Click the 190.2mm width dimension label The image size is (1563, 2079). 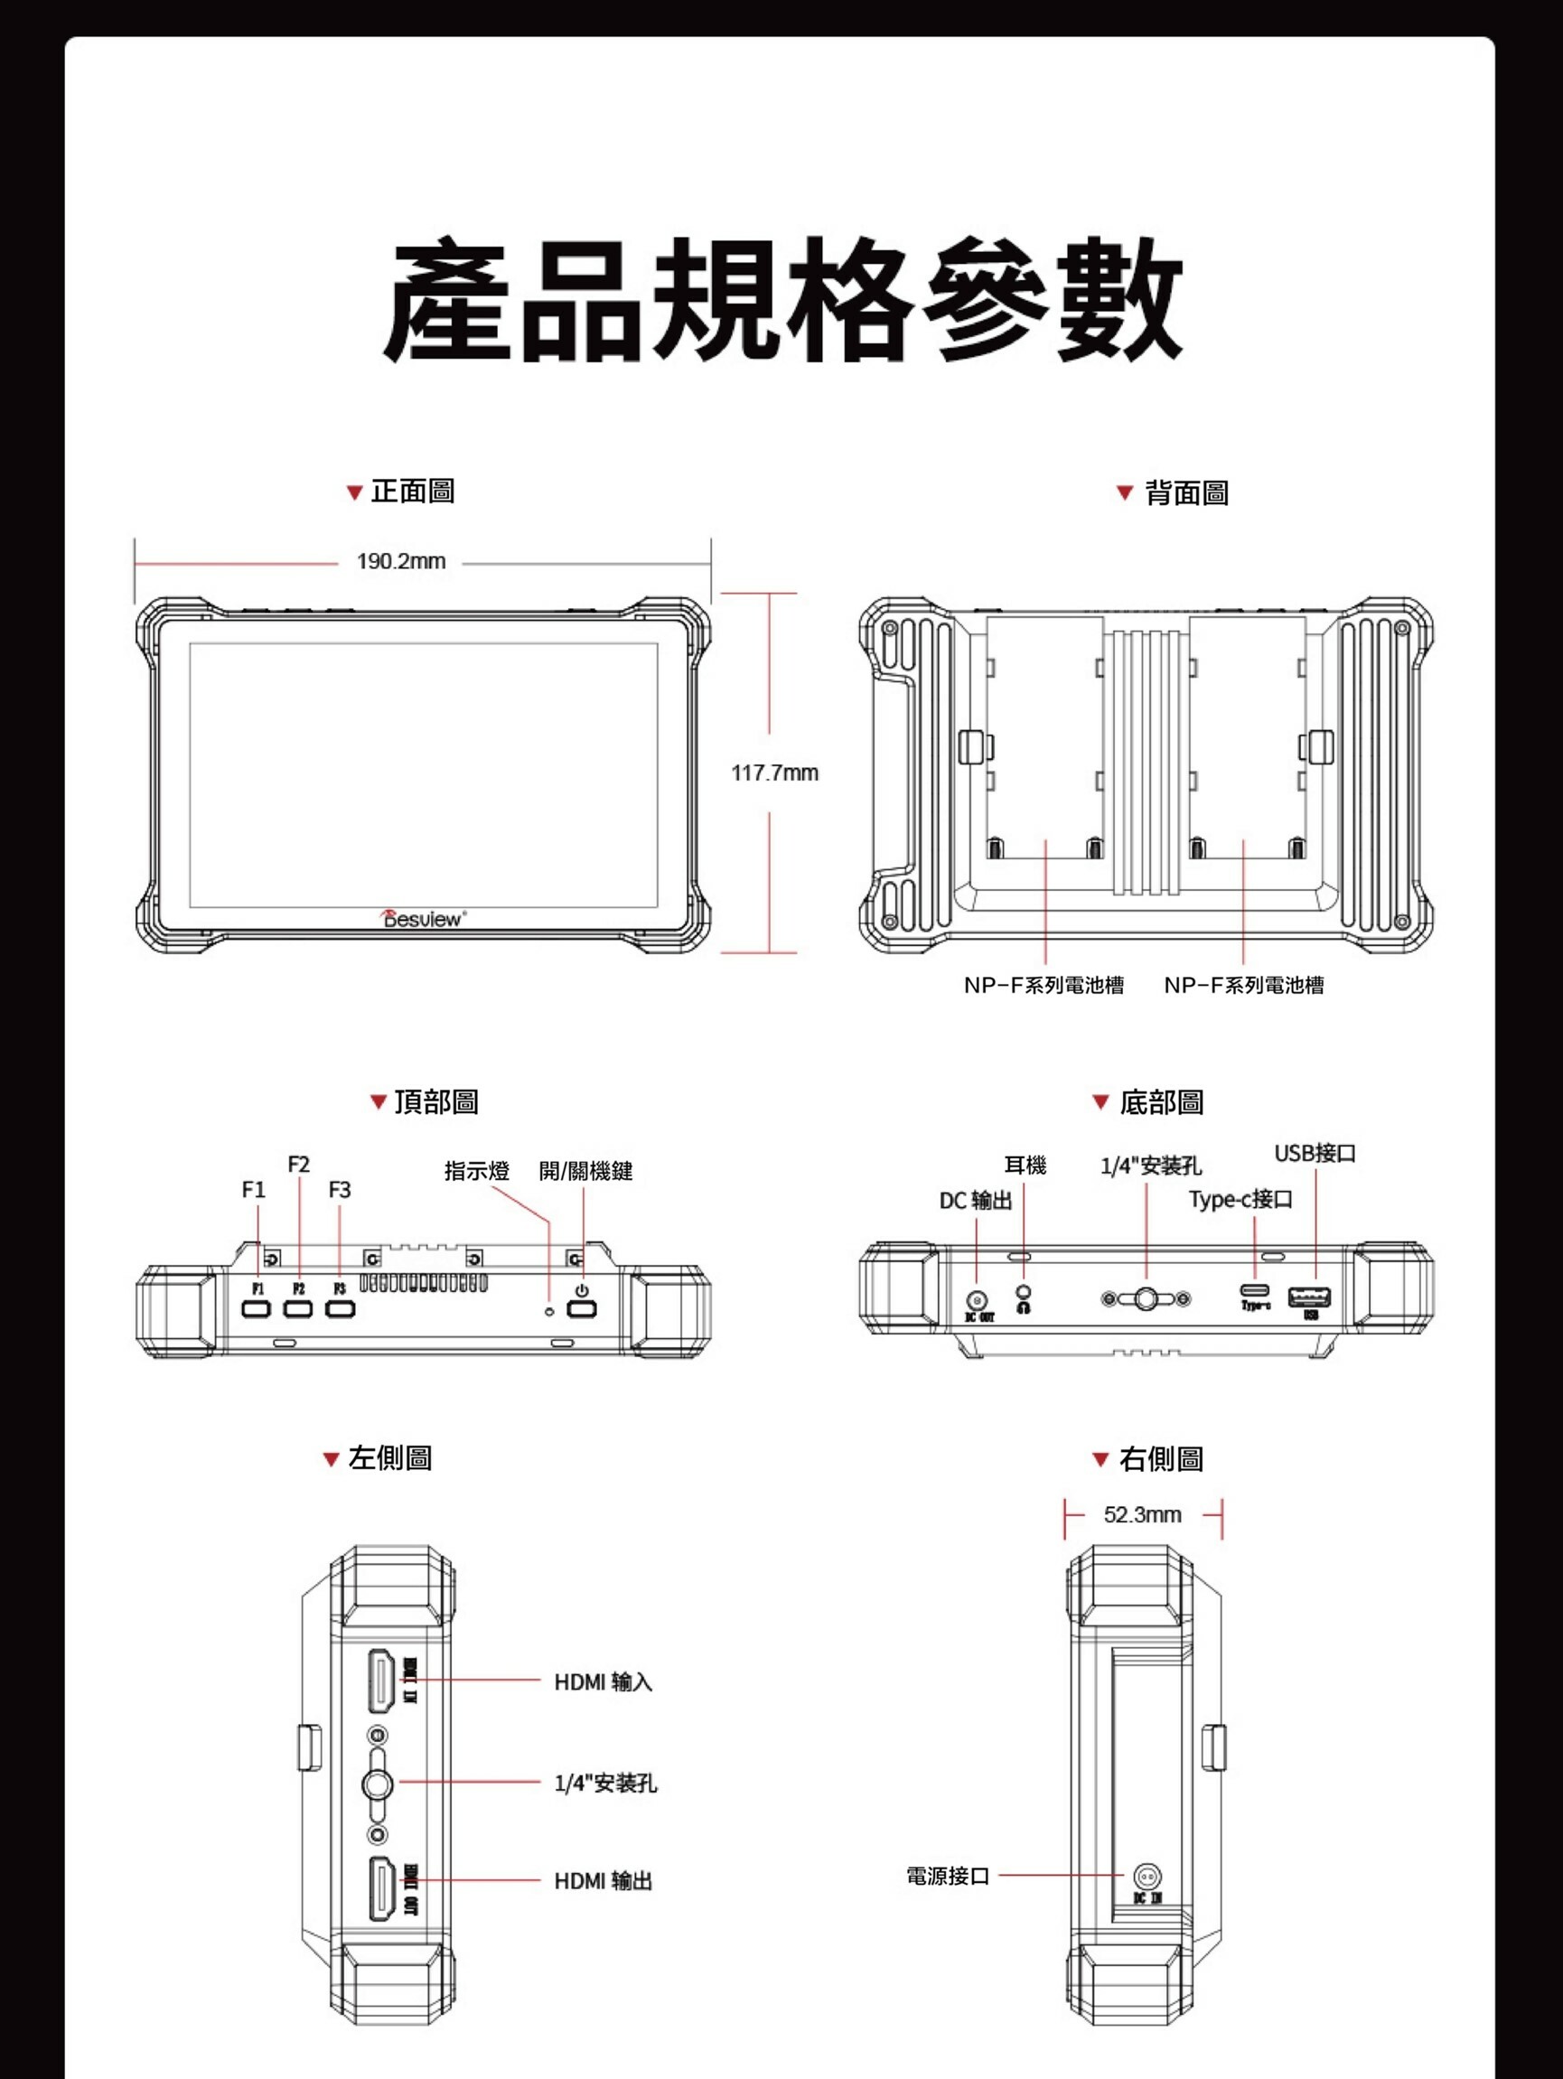(400, 561)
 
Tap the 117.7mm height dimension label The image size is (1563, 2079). (774, 773)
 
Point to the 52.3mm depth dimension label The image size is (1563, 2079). (1142, 1514)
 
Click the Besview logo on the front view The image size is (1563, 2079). (423, 918)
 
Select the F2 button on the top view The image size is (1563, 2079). (298, 1308)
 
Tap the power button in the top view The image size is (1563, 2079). (582, 1308)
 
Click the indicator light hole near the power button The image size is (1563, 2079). (550, 1310)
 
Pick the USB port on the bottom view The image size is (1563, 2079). (1308, 1298)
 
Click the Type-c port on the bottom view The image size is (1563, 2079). (1255, 1290)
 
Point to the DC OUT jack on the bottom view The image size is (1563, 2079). (978, 1301)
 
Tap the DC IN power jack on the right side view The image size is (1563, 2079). (1146, 1877)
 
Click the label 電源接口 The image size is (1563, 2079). (948, 1876)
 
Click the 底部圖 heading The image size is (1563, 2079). (1161, 1101)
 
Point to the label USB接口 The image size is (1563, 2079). (1314, 1153)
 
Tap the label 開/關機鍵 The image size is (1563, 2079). (585, 1170)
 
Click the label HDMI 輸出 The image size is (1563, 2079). (603, 1881)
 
